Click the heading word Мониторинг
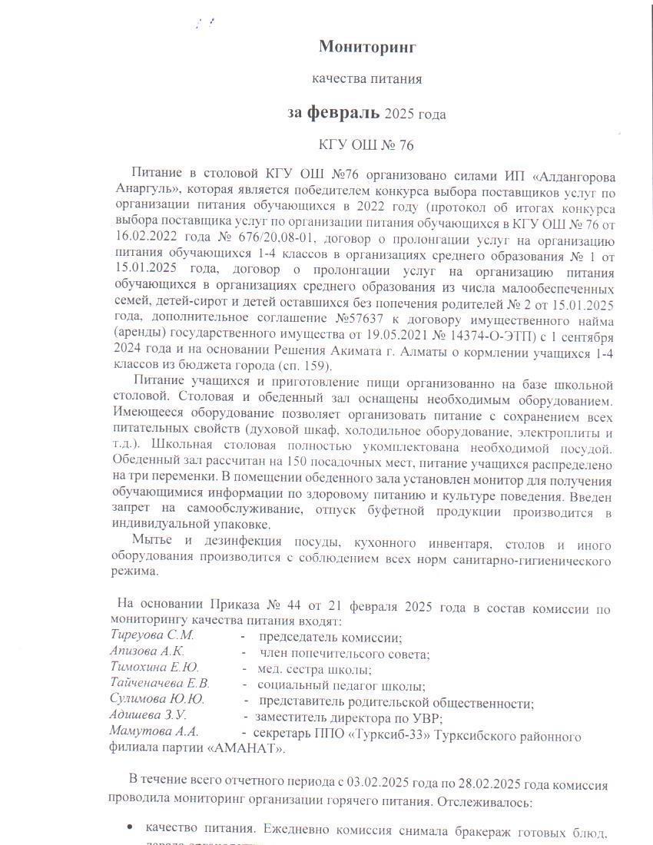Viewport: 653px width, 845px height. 367,47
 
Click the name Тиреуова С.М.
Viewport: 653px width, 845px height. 153,636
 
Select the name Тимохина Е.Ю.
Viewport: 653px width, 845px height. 154,668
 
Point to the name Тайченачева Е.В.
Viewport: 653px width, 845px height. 160,684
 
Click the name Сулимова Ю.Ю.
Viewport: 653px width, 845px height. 157,700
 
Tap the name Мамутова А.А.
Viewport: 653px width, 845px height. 154,731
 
